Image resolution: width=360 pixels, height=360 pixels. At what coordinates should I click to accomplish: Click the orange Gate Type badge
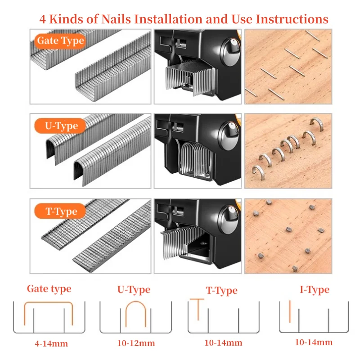coord(60,41)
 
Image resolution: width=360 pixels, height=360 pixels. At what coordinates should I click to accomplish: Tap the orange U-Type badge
coord(60,126)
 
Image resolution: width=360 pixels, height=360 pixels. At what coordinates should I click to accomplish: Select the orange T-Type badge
coord(60,211)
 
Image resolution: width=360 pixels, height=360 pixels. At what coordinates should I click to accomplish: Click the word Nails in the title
coord(116,19)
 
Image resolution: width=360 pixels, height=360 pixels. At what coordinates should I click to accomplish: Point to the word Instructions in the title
coord(292,19)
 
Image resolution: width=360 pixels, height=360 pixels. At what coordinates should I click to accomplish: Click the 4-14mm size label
coord(51,344)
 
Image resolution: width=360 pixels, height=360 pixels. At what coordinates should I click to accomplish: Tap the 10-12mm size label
coord(136,343)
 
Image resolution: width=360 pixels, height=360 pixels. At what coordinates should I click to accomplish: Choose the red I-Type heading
coord(315,290)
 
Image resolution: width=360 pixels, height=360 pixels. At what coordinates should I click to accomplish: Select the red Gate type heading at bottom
coord(49,289)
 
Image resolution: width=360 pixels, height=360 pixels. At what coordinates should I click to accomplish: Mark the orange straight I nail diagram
coord(290,311)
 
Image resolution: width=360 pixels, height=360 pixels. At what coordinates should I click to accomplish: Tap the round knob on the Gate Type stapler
coord(230,52)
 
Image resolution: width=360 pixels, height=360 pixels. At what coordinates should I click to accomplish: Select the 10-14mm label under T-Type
coord(223,343)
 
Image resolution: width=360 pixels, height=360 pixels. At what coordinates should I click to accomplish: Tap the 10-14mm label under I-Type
coord(314,342)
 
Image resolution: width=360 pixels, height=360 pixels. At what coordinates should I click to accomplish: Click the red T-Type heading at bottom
coord(221,291)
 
